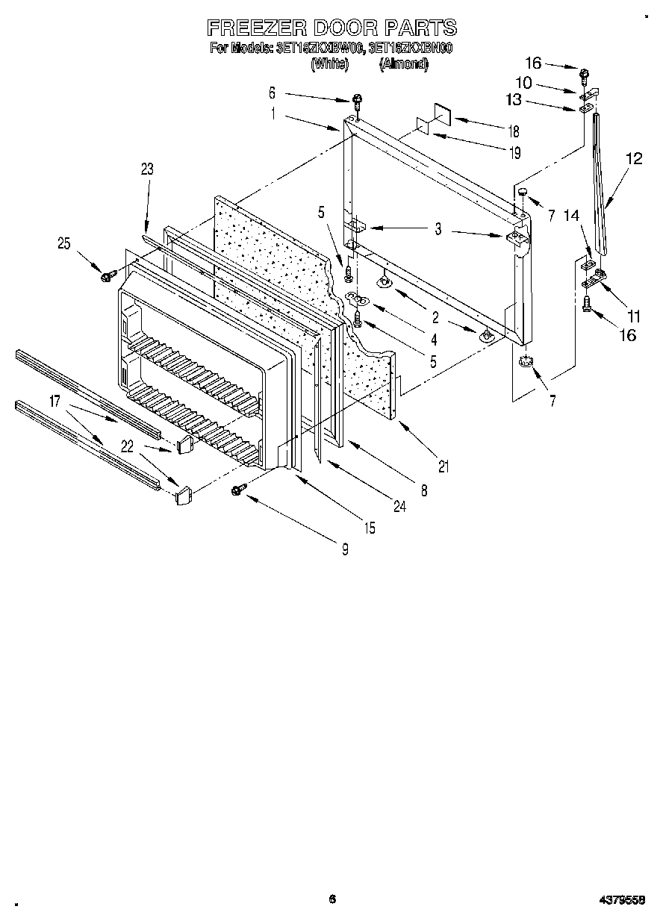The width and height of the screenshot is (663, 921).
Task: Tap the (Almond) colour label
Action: pos(403,64)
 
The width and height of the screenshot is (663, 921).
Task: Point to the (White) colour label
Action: pos(329,64)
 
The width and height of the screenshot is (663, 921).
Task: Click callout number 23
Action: pos(146,169)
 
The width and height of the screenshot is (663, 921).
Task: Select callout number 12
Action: pos(633,158)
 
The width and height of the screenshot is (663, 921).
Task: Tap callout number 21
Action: pos(443,467)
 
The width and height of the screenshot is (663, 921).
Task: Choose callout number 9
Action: pos(345,550)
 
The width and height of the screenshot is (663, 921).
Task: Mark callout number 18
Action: pos(514,131)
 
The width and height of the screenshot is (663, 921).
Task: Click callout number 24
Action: pos(401,507)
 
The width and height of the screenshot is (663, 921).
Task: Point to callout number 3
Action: pos(438,231)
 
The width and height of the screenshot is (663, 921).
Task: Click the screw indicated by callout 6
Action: pos(358,99)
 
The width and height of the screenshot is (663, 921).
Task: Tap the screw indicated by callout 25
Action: pos(105,277)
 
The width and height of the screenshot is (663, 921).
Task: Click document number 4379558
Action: pos(622,899)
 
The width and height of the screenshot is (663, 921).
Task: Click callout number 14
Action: pos(570,216)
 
